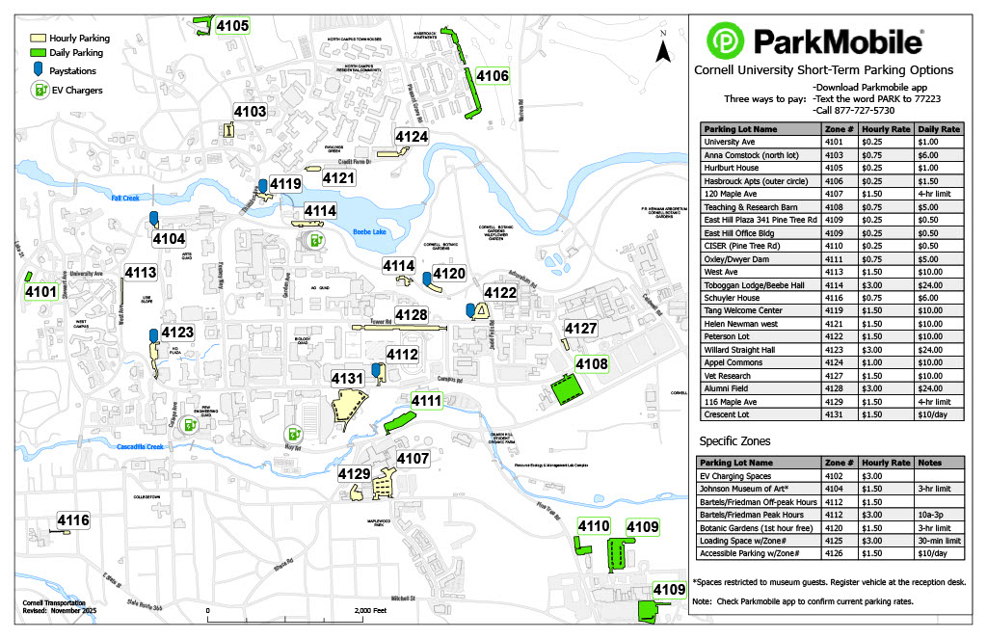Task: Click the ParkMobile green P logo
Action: point(726,40)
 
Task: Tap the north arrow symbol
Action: point(662,48)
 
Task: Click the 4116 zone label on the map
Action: point(73,521)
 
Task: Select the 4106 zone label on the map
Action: point(493,76)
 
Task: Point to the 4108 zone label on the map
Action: point(592,363)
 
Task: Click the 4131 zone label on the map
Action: point(348,379)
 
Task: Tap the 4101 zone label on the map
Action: point(40,291)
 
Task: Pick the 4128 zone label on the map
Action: point(412,315)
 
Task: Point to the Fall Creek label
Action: point(125,198)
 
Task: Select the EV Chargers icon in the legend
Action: point(40,89)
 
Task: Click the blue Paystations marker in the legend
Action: point(38,69)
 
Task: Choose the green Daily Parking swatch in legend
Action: point(40,53)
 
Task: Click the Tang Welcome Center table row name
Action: point(743,310)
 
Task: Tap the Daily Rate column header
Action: point(939,128)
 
